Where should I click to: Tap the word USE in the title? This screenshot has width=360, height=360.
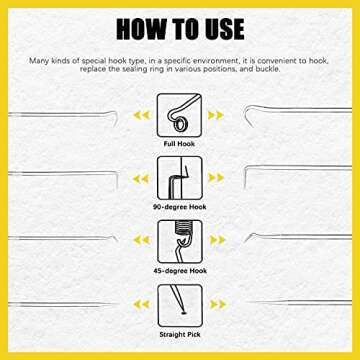pyautogui.click(x=233, y=28)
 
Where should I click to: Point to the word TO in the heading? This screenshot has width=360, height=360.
pyautogui.click(x=182, y=28)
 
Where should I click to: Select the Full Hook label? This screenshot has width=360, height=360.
pyautogui.click(x=180, y=143)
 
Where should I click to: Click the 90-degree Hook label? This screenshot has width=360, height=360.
pyautogui.click(x=180, y=205)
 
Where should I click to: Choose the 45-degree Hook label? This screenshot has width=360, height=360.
pyautogui.click(x=180, y=267)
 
